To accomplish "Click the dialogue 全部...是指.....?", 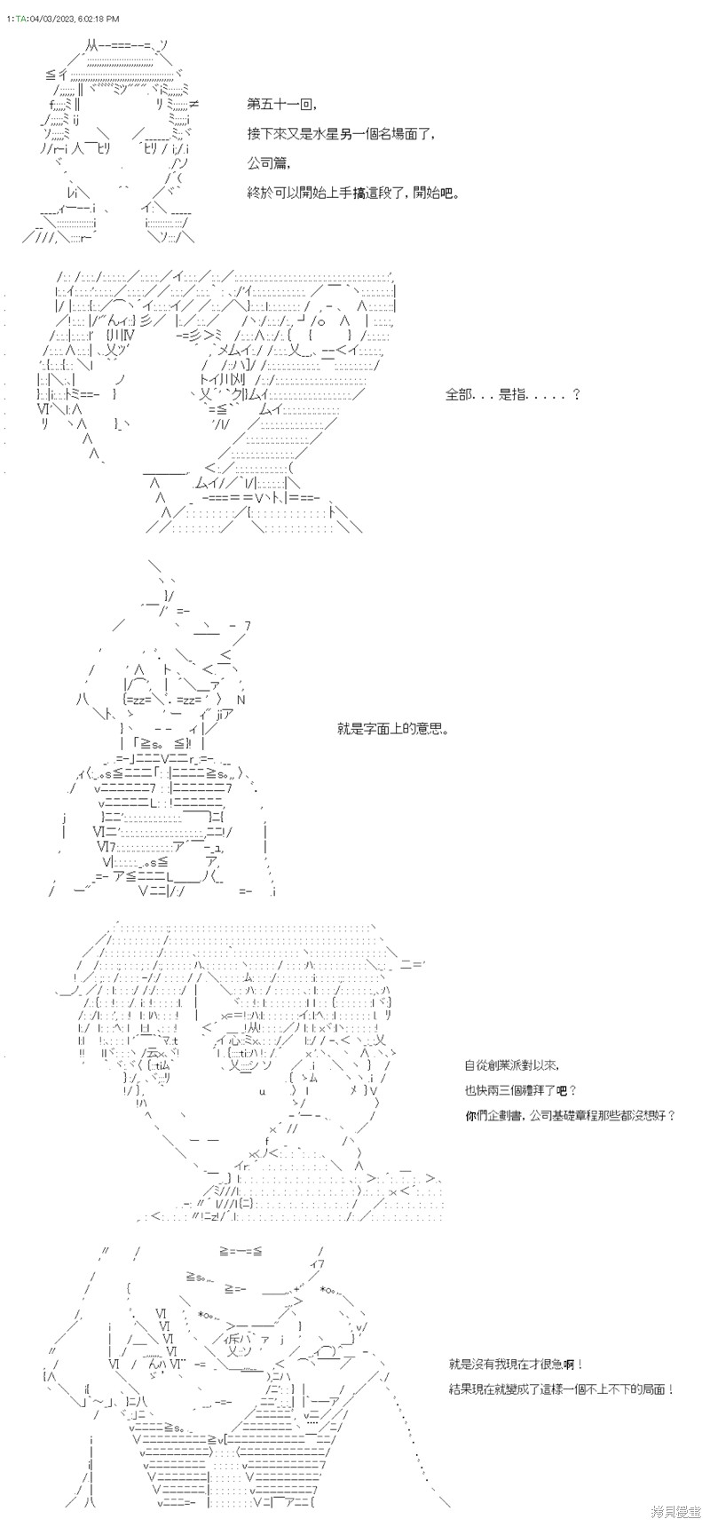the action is [x=512, y=394].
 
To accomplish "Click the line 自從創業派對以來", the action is [x=512, y=1065].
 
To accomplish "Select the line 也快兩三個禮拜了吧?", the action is [x=520, y=1090].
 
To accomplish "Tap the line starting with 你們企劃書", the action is [x=570, y=1115].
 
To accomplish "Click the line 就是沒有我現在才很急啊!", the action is [x=517, y=1364].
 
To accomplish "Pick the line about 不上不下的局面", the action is [x=562, y=1389].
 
